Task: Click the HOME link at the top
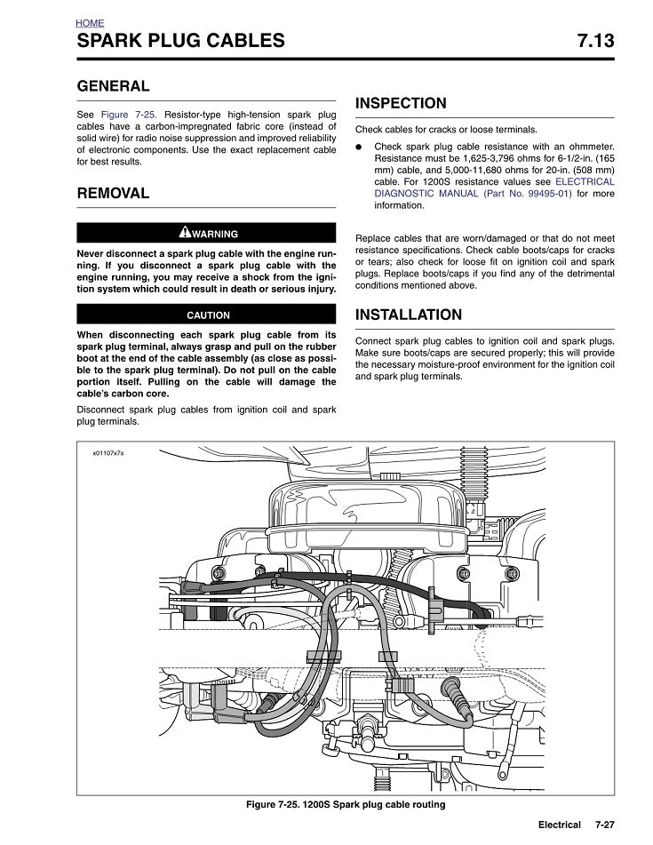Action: tap(90, 23)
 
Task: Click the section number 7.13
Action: tap(594, 41)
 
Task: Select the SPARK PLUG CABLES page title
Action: tap(181, 41)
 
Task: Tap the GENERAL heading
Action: tap(114, 86)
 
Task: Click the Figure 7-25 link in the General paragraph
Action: tap(129, 116)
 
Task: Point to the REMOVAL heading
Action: tap(114, 193)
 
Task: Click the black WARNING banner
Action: tap(207, 233)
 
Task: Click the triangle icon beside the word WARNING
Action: tap(184, 233)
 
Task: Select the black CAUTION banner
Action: tap(207, 315)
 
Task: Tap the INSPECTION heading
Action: tap(401, 104)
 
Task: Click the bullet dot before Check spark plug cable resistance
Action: tap(359, 147)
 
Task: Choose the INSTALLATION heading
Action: tap(409, 315)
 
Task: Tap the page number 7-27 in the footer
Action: tap(604, 825)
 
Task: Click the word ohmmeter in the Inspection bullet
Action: tap(587, 147)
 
